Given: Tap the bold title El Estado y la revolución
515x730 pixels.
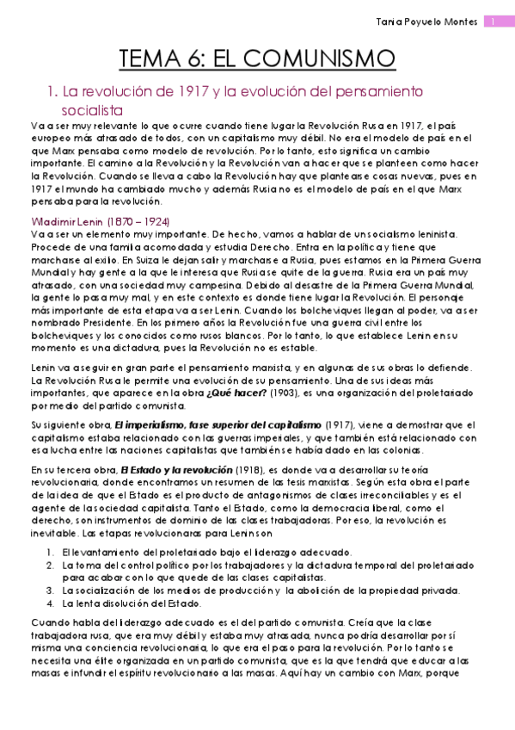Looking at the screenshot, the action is point(176,470).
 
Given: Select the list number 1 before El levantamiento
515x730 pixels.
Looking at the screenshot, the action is point(52,552).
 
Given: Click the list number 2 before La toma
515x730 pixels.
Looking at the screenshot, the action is point(52,565).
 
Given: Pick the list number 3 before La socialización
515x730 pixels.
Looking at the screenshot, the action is point(52,590).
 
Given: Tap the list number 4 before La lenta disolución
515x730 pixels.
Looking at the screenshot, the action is point(52,603).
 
